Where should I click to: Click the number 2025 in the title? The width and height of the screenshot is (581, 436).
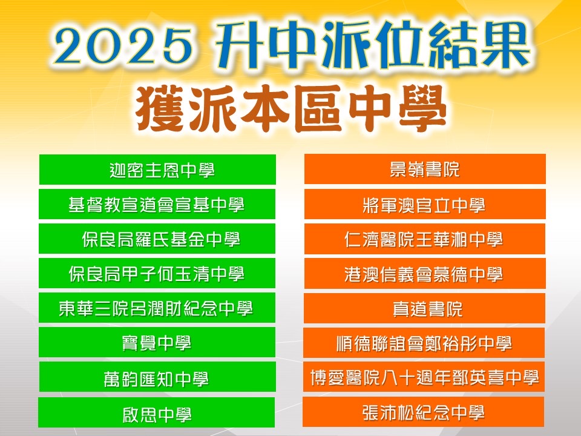(x=123, y=47)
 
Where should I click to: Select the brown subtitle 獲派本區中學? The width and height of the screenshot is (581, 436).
(x=291, y=108)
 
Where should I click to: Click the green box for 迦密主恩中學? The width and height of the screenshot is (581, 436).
(x=157, y=170)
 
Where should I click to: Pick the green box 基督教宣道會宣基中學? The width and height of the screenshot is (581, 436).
(x=157, y=204)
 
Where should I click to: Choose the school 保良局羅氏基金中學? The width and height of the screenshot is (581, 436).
(x=157, y=239)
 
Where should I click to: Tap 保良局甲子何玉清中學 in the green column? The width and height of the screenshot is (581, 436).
(x=157, y=273)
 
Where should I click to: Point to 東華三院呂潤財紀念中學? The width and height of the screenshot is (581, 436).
(x=157, y=308)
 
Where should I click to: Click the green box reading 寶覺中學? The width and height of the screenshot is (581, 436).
(x=157, y=342)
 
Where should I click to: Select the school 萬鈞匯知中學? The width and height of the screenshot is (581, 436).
(x=157, y=377)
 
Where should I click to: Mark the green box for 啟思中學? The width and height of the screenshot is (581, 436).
(x=156, y=412)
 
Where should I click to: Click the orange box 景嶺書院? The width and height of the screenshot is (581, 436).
(x=425, y=169)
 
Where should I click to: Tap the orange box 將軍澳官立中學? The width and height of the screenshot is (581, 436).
(x=425, y=204)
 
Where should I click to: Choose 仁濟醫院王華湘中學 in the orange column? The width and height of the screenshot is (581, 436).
(x=425, y=239)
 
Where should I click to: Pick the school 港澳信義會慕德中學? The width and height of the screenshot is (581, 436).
(x=425, y=274)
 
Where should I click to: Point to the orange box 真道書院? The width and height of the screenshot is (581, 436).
(x=425, y=308)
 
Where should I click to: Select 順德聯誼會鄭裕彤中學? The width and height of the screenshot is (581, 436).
(x=424, y=343)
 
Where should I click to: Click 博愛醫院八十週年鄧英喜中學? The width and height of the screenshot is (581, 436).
(x=424, y=377)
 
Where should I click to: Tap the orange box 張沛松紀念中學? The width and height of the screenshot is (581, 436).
(x=424, y=412)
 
